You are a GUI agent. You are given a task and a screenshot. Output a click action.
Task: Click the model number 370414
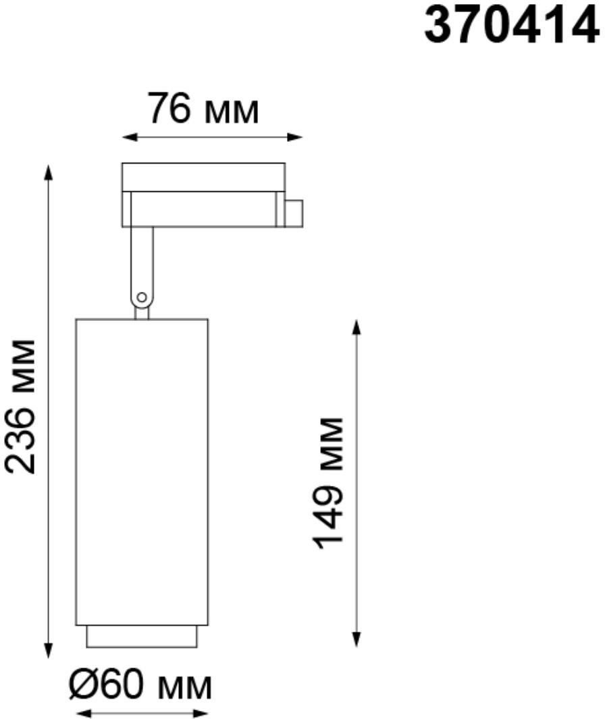[512, 26]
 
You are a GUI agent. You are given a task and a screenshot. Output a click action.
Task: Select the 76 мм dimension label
[203, 109]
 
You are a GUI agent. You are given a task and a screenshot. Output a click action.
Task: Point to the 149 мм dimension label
[327, 483]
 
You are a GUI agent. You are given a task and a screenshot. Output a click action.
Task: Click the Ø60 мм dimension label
[140, 685]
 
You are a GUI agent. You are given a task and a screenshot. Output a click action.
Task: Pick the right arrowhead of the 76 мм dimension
[294, 137]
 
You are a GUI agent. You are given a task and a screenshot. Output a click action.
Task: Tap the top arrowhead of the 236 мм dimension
[48, 172]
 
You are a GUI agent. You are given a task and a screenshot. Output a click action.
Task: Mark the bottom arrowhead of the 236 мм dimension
[48, 651]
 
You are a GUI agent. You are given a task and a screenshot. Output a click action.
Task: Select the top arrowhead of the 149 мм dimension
[356, 327]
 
